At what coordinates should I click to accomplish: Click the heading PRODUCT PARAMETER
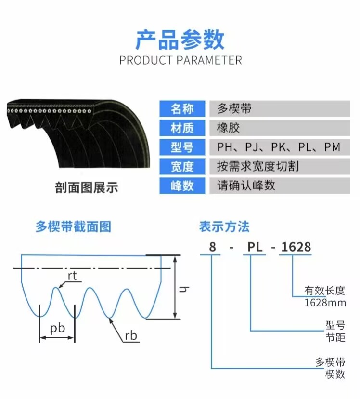[x=180, y=60]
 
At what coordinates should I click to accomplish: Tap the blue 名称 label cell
[x=182, y=108]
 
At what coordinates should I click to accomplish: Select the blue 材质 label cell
[x=182, y=128]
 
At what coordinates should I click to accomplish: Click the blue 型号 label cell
[x=182, y=147]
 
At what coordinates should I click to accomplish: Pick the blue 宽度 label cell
[x=182, y=166]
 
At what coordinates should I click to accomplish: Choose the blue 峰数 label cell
[x=182, y=186]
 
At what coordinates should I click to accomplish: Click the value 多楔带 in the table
[x=234, y=108]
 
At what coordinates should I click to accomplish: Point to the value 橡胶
[x=228, y=128]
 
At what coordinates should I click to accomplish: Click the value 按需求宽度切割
[x=257, y=166]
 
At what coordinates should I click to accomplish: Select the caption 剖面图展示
[x=87, y=187]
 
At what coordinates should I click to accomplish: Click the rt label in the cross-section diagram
[x=72, y=276]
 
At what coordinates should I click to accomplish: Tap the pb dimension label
[x=57, y=328]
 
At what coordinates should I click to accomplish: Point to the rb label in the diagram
[x=131, y=336]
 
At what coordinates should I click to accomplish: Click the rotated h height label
[x=184, y=289]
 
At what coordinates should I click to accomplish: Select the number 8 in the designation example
[x=212, y=247]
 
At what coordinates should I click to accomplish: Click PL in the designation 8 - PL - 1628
[x=255, y=247]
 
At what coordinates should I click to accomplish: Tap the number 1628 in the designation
[x=296, y=247]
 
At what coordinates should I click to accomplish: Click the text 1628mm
[x=325, y=303]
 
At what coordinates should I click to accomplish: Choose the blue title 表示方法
[x=224, y=226]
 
